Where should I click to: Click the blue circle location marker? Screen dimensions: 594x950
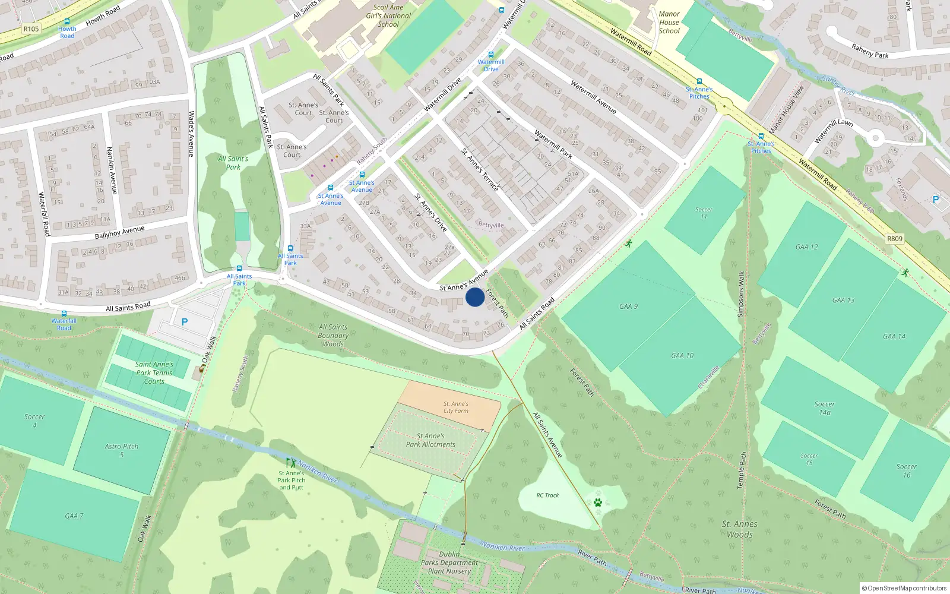[x=474, y=297]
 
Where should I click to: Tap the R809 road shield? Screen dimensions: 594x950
[x=894, y=239]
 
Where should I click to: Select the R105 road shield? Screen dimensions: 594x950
[x=31, y=29]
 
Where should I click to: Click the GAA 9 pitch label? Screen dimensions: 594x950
[x=628, y=307]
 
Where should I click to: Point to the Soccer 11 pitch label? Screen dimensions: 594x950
[x=704, y=213]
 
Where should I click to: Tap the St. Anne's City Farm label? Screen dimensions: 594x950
[x=456, y=407]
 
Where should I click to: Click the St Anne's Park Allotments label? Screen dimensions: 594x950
[x=430, y=440]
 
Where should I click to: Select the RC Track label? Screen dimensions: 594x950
[x=547, y=495]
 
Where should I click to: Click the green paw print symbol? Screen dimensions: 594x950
[x=598, y=503]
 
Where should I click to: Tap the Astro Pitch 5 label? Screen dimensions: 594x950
[x=122, y=450]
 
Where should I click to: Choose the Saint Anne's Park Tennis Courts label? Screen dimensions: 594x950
[x=154, y=373]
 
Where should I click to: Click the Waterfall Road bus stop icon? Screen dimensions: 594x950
[x=64, y=314]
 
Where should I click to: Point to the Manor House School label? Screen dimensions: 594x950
[x=669, y=23]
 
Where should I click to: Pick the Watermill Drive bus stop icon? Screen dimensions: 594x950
[x=490, y=55]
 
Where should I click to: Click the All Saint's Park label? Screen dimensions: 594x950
[x=233, y=163]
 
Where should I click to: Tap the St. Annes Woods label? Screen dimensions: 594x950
[x=739, y=529]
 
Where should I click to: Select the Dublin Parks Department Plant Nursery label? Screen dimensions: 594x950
[x=449, y=563]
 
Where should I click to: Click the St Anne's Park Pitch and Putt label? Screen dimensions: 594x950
[x=291, y=481]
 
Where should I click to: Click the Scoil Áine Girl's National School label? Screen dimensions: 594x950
[x=388, y=16]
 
